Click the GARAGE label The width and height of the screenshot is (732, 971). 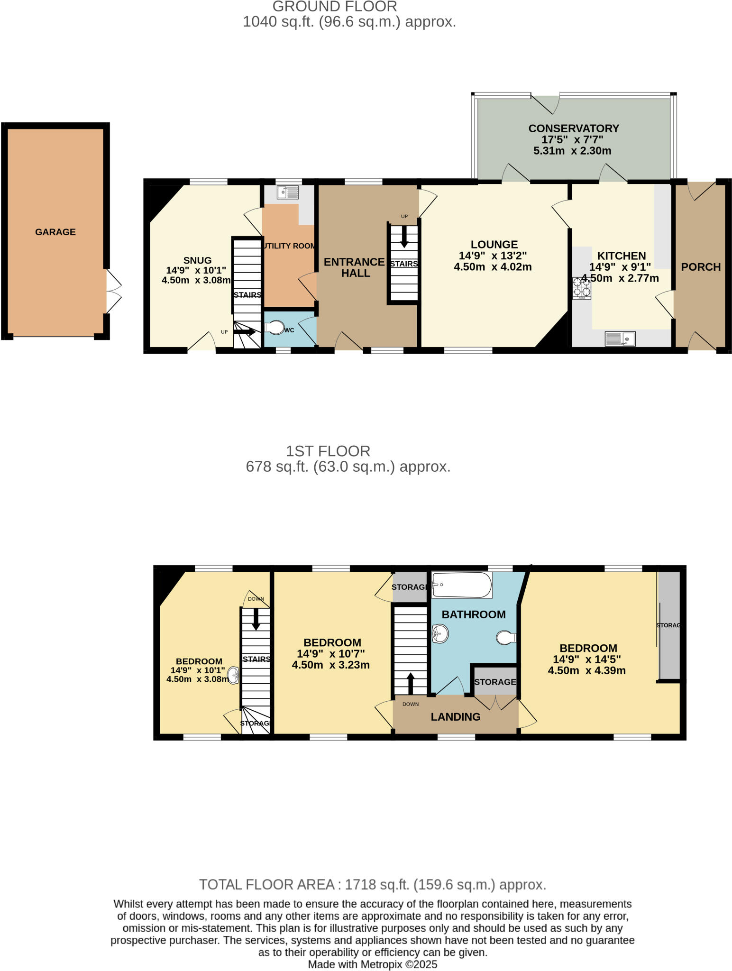(x=55, y=232)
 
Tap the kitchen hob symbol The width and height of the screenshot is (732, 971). (x=582, y=288)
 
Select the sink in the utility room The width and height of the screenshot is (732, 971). (x=288, y=192)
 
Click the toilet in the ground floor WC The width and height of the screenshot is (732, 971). (x=274, y=328)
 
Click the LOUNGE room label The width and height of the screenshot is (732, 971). (x=494, y=245)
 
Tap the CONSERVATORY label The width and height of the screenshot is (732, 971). (x=574, y=128)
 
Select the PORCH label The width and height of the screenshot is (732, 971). (x=701, y=267)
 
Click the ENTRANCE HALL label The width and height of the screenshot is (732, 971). (x=355, y=267)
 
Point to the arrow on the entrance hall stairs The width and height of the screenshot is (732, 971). (x=404, y=237)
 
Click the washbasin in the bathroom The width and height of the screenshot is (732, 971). (x=440, y=633)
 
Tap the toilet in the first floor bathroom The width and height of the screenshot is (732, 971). (x=506, y=638)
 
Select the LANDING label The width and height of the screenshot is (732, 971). (x=456, y=717)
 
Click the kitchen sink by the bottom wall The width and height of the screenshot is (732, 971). (x=620, y=339)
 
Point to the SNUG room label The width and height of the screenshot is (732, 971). (x=197, y=260)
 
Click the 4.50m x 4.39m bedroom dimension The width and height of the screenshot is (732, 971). (x=586, y=671)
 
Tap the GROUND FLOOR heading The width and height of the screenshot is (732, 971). (x=334, y=7)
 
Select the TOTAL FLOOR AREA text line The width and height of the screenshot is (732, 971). (x=372, y=885)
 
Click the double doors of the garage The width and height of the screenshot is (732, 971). (x=114, y=292)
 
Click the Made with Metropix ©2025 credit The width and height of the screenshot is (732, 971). (x=372, y=964)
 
